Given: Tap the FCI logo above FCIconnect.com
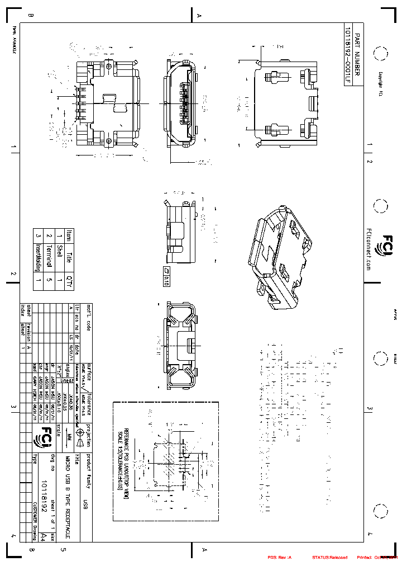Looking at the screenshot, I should click(386, 244).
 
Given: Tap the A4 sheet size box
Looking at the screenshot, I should click(43, 536).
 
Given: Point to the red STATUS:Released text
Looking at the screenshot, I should click(329, 557).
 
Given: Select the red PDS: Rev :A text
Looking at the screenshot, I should click(280, 557).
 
